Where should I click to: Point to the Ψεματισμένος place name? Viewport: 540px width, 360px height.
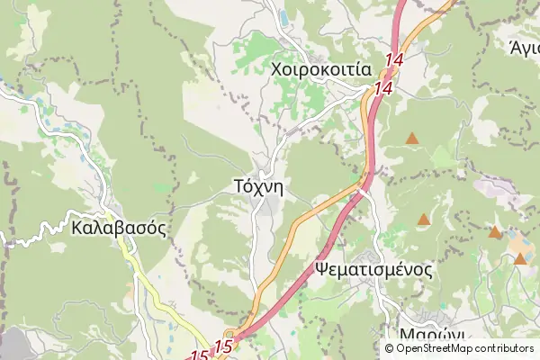click(x=374, y=269)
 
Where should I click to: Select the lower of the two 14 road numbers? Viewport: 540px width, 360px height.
click(x=383, y=89)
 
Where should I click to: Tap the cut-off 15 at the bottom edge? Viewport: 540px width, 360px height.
click(x=200, y=356)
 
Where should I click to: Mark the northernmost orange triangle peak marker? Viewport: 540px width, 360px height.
click(x=412, y=139)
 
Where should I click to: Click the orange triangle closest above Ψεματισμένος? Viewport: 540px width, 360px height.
click(x=424, y=219)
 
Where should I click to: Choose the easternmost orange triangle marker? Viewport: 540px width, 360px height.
click(x=520, y=259)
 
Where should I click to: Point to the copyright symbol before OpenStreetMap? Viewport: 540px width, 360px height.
click(x=391, y=348)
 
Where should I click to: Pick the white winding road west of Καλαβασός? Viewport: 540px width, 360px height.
click(x=36, y=236)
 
